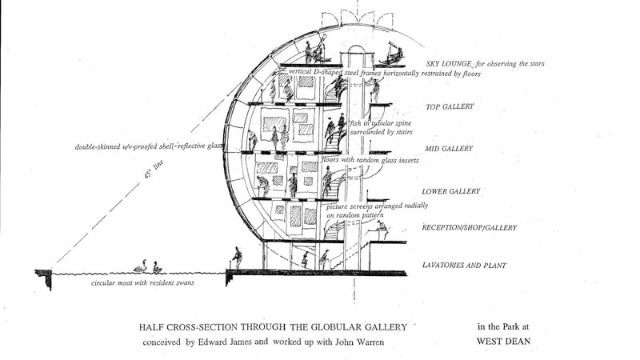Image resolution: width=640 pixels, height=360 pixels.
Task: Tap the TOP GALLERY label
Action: pos(450,106)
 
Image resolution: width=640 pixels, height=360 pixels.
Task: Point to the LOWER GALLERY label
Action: pos(450,191)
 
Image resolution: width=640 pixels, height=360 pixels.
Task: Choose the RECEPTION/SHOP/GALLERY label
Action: pos(469,228)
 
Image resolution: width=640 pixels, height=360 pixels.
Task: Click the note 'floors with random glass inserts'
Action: pos(369,161)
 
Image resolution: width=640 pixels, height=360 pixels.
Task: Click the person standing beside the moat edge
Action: pos(237,257)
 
